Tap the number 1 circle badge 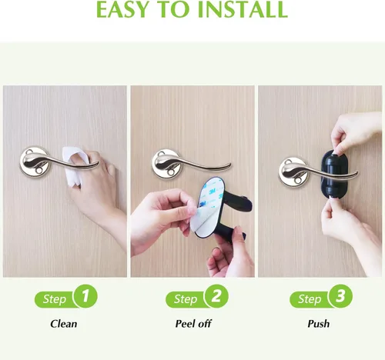(x=85, y=296)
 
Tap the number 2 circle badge (x=216, y=296)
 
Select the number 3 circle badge (x=340, y=296)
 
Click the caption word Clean (x=64, y=324)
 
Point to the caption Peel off (x=193, y=324)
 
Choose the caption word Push (x=319, y=324)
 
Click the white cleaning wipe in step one (x=75, y=164)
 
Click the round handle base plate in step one (x=32, y=162)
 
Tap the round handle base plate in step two (x=165, y=164)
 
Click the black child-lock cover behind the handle (x=333, y=175)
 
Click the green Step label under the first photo (x=55, y=299)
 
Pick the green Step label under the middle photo (x=186, y=299)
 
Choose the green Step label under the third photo (x=310, y=299)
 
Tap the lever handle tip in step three (x=357, y=175)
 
